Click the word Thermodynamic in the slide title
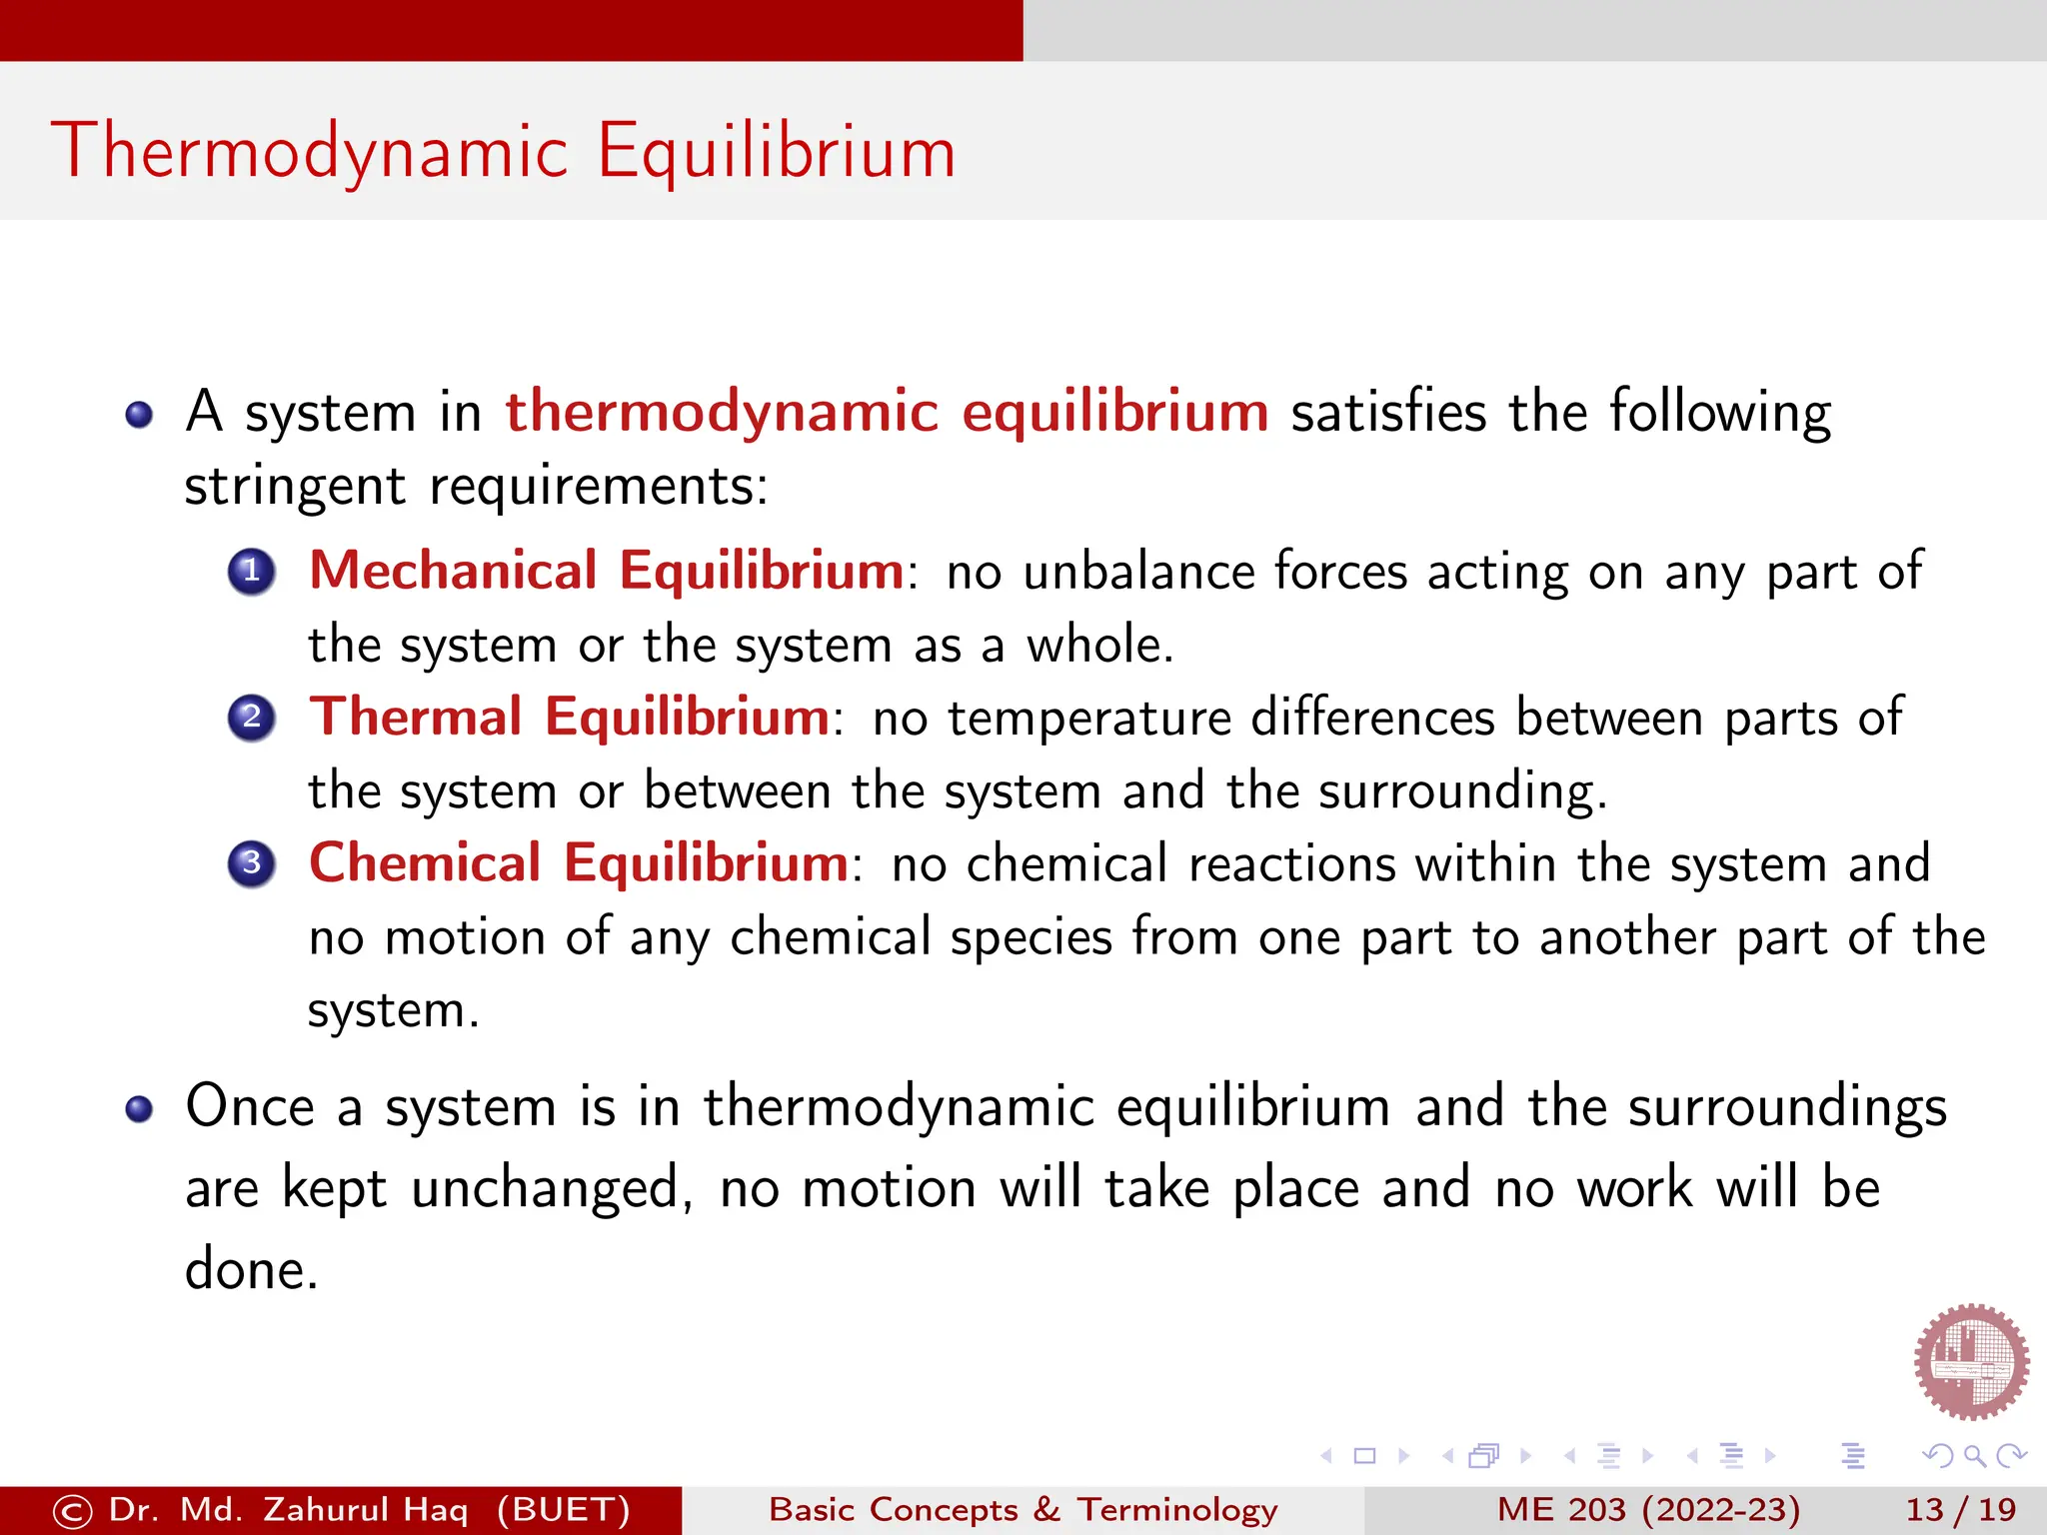coord(310,152)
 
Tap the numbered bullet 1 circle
coord(252,572)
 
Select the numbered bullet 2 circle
coord(252,718)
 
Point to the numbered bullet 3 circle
coord(252,863)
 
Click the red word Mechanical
coord(453,571)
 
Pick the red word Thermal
coord(416,717)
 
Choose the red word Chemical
coord(425,862)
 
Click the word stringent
coord(295,488)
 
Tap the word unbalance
coord(1138,572)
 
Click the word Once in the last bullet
coord(250,1106)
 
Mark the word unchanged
coord(546,1188)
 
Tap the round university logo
coord(1971,1361)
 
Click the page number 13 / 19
coord(1960,1509)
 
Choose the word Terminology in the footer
coord(1176,1509)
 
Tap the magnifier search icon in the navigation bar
coord(1974,1456)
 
